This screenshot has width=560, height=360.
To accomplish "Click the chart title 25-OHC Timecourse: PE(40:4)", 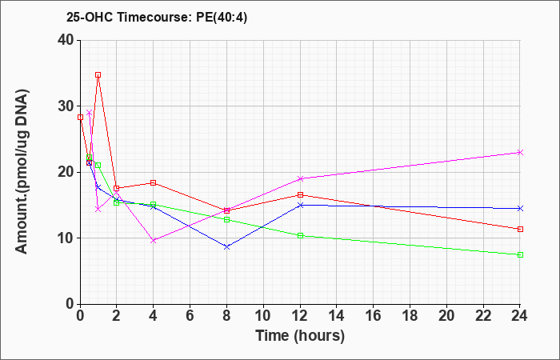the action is coord(157,17).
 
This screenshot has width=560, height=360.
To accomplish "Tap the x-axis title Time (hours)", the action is coord(300,336).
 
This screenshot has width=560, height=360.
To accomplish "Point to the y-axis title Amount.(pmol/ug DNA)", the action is coord(22,171).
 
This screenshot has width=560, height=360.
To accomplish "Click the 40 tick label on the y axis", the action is coord(66,40).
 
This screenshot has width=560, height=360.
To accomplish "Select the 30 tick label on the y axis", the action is coord(66,106).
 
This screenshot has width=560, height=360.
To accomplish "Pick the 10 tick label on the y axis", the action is coord(66,238).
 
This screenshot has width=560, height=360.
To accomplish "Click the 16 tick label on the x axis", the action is coord(374,316).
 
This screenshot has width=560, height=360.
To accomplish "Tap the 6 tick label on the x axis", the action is coord(190,316).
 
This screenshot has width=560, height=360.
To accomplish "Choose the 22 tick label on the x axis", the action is coord(483,316).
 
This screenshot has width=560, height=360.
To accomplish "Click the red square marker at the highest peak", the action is coord(98,74).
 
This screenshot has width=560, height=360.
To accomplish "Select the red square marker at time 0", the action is coord(80,117).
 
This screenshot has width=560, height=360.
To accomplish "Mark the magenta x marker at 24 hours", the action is coord(520,153).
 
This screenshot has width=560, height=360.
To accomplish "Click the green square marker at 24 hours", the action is coord(520,254).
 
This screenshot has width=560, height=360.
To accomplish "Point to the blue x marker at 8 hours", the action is coord(226,246).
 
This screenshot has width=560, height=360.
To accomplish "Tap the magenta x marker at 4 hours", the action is coord(154,241).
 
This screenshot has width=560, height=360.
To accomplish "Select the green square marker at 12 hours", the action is coord(300,236).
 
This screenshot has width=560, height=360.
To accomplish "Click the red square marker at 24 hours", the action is coord(520,230).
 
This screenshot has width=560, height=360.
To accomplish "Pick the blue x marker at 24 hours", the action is coord(520,208).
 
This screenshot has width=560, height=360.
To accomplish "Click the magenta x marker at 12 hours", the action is coord(300,178).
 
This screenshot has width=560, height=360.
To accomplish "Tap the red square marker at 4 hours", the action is coord(154,183).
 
